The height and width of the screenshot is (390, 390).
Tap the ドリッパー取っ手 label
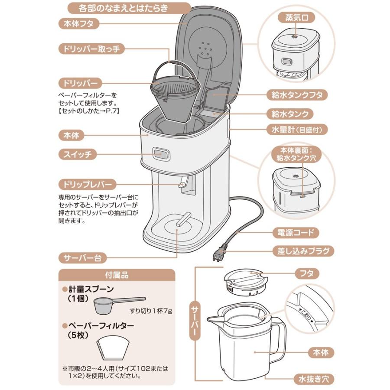click(91, 49)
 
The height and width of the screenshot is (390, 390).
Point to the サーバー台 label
click(82, 258)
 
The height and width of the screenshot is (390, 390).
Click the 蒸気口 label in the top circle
click(296, 19)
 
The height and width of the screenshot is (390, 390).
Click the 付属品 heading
click(117, 275)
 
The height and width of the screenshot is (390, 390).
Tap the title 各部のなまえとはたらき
click(129, 8)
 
